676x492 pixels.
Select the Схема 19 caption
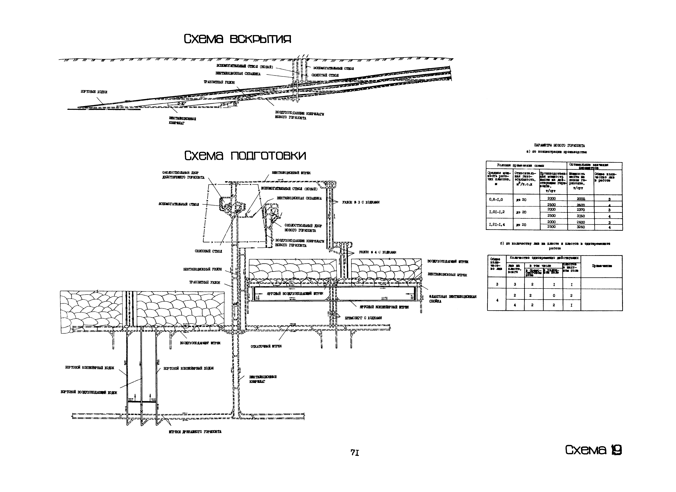pos(593,450)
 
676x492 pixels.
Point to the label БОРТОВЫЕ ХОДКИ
pos(94,92)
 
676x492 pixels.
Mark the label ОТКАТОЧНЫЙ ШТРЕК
pos(266,346)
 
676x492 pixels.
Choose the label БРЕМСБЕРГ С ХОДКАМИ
pos(363,318)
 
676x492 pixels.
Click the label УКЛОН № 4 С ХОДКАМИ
pos(377,252)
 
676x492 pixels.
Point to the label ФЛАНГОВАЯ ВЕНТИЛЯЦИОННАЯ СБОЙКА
pos(452,299)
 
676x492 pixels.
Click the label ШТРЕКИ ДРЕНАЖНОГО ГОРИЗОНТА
pos(195,432)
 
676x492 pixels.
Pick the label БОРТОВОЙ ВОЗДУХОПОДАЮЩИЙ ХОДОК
pos(89,393)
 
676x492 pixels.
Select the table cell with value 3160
pos(581,216)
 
